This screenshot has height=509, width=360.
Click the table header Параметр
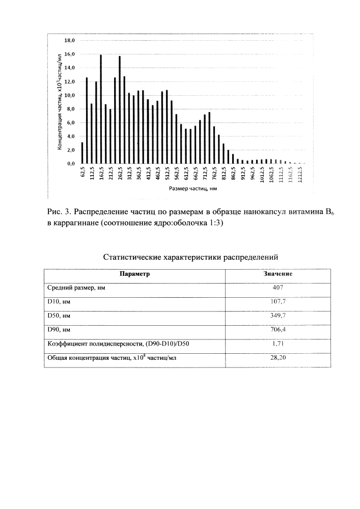134,273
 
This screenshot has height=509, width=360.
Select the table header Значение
278,273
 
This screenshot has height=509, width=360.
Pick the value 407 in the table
278,288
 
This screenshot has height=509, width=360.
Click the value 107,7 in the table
278,302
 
